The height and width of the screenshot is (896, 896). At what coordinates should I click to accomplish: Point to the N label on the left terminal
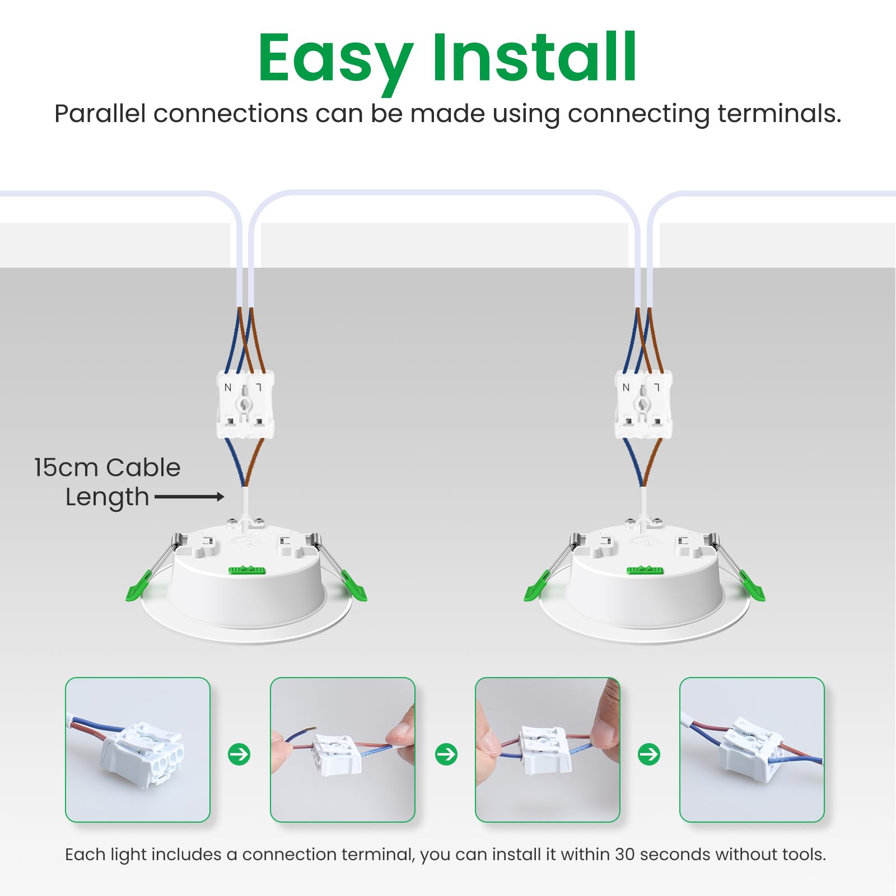(x=227, y=388)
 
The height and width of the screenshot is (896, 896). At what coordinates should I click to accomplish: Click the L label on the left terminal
(x=259, y=388)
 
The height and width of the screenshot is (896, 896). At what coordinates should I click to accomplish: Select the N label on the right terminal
(x=626, y=388)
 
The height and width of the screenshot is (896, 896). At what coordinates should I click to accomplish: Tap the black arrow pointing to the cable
(x=189, y=497)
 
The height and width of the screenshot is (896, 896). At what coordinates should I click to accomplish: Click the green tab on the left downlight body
(x=246, y=570)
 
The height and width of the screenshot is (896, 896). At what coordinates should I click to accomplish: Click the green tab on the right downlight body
(x=645, y=570)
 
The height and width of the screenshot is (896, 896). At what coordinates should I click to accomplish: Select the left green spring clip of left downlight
(x=138, y=586)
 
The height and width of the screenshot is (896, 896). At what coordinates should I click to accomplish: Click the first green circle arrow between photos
(x=239, y=754)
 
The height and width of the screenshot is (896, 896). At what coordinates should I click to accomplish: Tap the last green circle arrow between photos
(x=649, y=754)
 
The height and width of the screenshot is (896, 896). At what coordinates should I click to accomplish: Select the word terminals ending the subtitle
(x=780, y=114)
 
